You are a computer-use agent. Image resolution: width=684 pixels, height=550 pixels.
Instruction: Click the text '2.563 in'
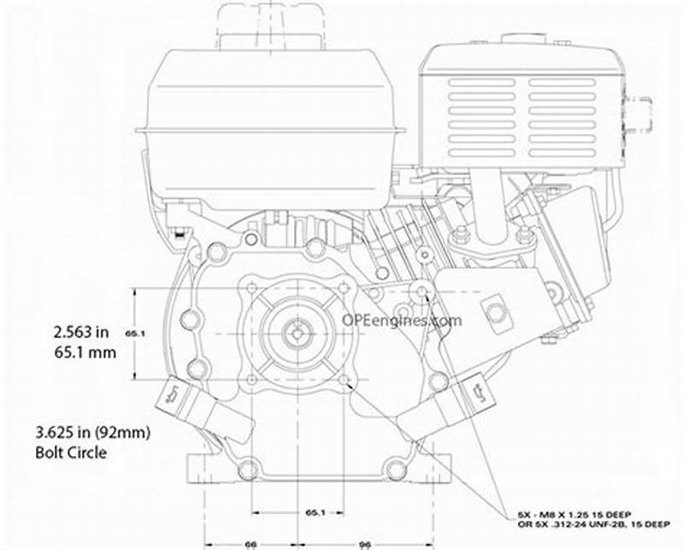click(x=80, y=330)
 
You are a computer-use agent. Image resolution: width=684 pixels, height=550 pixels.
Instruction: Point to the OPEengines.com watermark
click(x=401, y=321)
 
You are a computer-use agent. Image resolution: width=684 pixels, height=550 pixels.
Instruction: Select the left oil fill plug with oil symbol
click(x=171, y=396)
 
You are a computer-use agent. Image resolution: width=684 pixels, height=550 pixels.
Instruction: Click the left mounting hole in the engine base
click(x=249, y=469)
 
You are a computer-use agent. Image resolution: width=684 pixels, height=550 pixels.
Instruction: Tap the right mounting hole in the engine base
click(x=393, y=469)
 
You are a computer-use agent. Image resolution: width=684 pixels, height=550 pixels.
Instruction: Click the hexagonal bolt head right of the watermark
click(x=493, y=311)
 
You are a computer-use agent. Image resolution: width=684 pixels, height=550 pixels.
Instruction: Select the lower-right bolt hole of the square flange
click(x=343, y=381)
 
